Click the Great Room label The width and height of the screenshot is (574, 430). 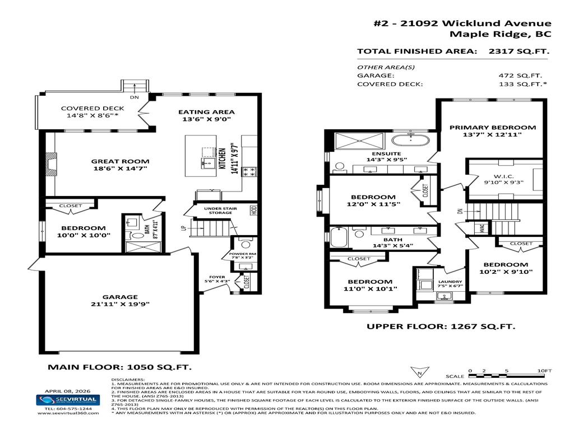click(120, 161)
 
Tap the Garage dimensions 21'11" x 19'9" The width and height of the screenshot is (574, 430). click(120, 305)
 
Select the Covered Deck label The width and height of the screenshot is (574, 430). click(93, 109)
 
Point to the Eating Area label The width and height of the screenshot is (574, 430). click(206, 111)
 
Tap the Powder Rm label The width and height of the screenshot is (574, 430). click(242, 254)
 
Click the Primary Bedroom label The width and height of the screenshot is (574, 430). click(492, 127)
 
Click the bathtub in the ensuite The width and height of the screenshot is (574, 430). click(409, 139)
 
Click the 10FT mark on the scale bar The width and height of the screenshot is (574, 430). click(544, 371)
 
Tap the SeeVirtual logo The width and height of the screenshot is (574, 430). click(68, 400)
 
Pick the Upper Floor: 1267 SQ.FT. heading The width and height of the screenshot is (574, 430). click(441, 327)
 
